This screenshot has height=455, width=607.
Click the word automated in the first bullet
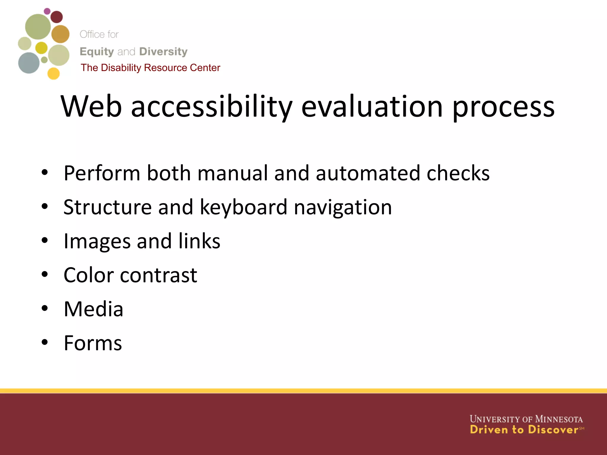click(368, 173)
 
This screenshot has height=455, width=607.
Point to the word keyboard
click(243, 207)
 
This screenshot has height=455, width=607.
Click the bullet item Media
click(93, 309)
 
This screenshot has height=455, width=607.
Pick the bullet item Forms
click(93, 343)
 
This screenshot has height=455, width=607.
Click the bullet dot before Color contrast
click(44, 275)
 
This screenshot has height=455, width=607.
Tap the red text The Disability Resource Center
click(150, 68)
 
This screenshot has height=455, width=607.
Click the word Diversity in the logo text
click(163, 52)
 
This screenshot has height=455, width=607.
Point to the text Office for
click(99, 34)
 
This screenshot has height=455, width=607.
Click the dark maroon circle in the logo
click(57, 17)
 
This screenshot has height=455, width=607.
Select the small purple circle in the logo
click(47, 11)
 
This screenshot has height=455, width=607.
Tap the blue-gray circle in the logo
click(29, 63)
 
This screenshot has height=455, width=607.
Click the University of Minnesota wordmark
click(526, 419)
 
